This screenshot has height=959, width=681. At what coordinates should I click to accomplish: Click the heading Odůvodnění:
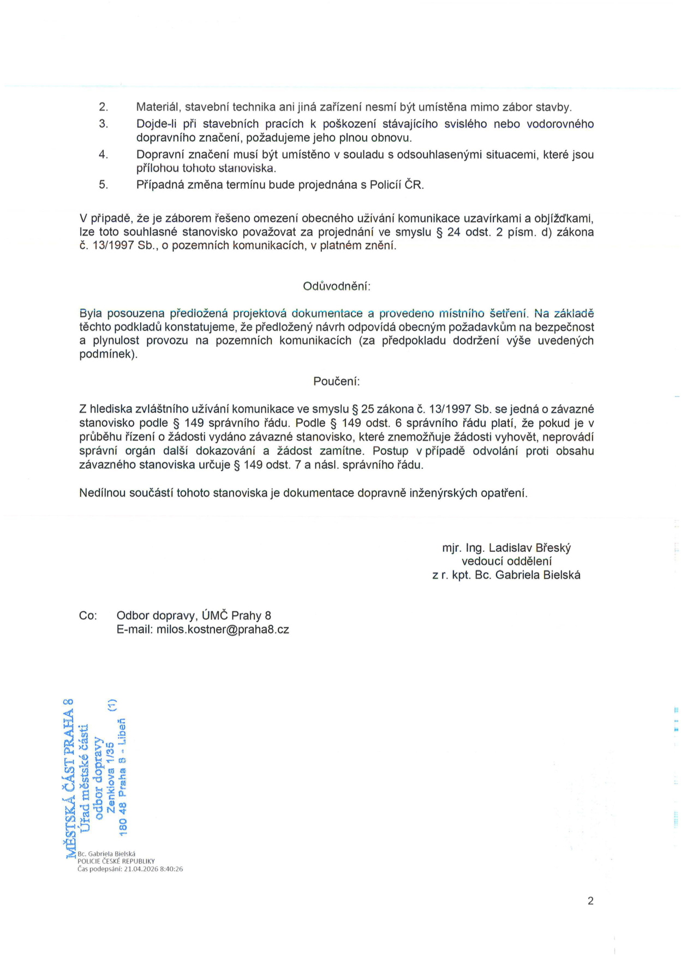(x=337, y=286)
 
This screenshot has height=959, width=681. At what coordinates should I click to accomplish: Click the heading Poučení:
(x=336, y=382)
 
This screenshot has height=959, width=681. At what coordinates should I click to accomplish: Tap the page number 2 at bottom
(x=590, y=901)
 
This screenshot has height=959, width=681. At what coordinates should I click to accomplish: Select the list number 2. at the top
(x=104, y=107)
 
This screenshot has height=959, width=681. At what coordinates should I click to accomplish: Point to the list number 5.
(x=104, y=185)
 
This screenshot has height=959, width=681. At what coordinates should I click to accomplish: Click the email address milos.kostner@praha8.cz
(x=223, y=630)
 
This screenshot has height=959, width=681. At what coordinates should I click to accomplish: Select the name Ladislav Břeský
(x=530, y=548)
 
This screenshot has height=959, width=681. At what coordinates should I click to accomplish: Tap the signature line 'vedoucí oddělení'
(x=506, y=562)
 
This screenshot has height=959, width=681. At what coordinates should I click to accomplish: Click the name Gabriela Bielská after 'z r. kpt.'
(x=537, y=575)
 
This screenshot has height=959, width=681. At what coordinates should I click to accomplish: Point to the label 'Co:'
(x=88, y=616)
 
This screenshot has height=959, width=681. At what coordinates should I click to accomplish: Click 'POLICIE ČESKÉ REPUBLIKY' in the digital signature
(x=116, y=861)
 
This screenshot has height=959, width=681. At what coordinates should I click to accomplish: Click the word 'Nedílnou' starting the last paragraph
(x=102, y=493)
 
